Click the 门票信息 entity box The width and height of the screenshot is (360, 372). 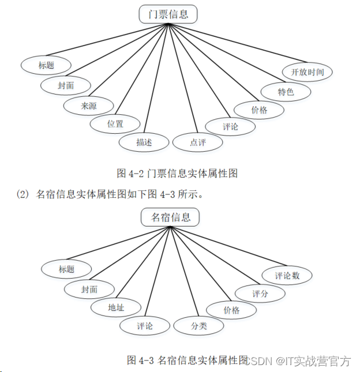[168, 14]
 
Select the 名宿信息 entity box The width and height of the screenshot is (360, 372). [170, 217]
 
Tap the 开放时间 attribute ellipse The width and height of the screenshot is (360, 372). [307, 72]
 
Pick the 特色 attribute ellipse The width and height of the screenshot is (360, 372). [286, 91]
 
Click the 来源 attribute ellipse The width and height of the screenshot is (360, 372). [89, 105]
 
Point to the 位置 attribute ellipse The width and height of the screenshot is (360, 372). [115, 123]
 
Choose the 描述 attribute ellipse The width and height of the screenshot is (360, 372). [144, 142]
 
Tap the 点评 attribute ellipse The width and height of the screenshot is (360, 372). [197, 142]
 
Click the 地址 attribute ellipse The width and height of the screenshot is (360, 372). [116, 307]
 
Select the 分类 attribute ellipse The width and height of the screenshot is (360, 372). [198, 325]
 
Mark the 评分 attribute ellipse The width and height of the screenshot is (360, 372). [260, 293]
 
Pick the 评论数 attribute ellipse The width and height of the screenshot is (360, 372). [287, 275]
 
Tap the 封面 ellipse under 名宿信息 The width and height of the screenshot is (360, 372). [89, 289]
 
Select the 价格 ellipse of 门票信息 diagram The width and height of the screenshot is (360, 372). [259, 110]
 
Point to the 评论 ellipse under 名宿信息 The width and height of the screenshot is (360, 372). [145, 326]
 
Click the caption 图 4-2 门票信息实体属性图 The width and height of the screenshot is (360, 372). [178, 172]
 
